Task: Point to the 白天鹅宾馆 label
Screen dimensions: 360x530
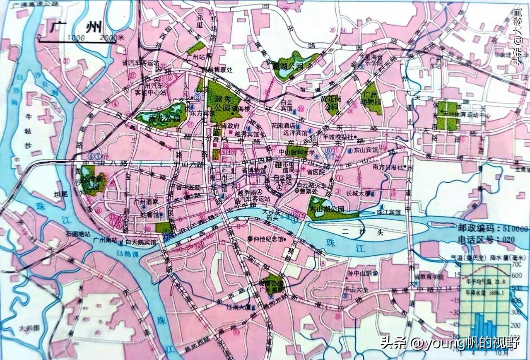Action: pos(141,242)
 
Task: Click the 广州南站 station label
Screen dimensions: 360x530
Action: pos(105,240)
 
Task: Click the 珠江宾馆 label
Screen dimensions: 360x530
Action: pos(389,212)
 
